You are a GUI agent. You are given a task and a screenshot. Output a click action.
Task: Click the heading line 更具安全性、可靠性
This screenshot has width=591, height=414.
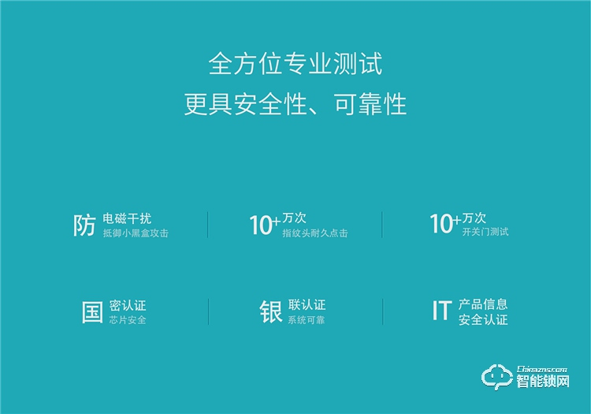[295, 104]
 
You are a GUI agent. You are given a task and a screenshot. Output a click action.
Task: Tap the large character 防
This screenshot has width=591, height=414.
[84, 226]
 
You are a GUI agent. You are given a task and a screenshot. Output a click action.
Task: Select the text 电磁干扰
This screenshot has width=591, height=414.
[127, 218]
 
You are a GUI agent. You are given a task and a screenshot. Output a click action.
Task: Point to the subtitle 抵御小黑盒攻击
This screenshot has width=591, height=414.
[136, 233]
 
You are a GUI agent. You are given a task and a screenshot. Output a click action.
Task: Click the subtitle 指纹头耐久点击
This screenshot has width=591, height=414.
[314, 233]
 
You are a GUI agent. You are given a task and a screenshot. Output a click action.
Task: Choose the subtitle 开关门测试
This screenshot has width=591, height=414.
[485, 232]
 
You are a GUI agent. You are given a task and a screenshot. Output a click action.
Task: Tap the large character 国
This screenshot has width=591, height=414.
[92, 311]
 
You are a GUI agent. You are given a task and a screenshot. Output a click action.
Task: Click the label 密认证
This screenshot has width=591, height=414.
[128, 304]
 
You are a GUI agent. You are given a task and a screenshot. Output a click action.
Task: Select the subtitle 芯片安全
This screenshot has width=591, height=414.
[128, 320]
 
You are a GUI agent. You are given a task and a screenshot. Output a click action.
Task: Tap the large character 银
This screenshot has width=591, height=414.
[271, 311]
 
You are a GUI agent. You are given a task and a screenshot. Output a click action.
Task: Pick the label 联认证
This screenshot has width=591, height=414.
[307, 304]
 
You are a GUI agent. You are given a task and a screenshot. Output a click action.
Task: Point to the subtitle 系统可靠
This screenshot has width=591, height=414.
[306, 320]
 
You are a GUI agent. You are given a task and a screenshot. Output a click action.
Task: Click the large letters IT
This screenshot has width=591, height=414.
[441, 311]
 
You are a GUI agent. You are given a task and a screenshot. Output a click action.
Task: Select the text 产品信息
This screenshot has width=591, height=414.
[483, 304]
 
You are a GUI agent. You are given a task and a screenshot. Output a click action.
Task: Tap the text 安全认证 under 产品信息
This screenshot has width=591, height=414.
[483, 320]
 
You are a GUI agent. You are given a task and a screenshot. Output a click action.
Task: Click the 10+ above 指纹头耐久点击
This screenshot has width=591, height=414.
[264, 226]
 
